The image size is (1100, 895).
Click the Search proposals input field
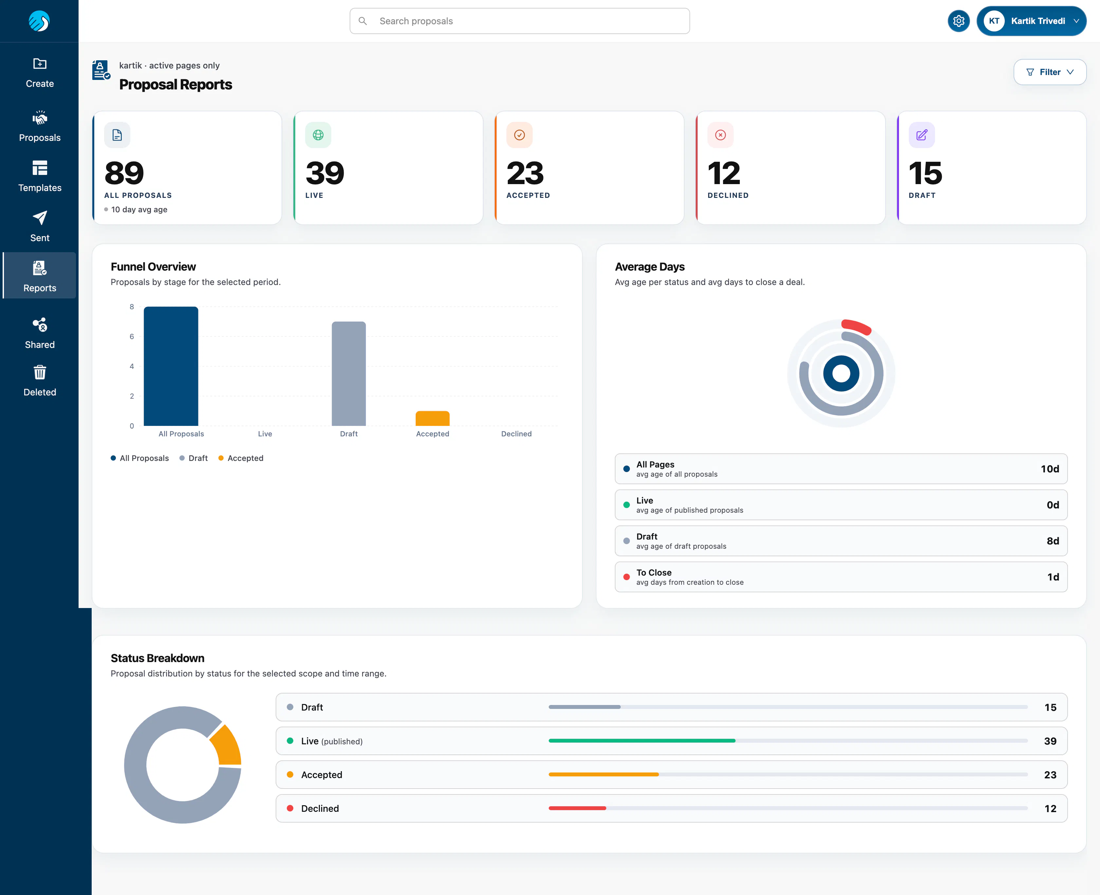click(x=519, y=21)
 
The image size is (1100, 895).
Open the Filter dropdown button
click(x=1050, y=72)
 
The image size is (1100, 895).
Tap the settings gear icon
click(x=958, y=21)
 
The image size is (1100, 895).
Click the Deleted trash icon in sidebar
click(x=40, y=372)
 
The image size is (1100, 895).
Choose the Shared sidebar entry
click(x=40, y=333)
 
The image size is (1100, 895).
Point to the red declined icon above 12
click(x=720, y=135)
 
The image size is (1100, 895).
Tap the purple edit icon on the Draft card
click(x=921, y=135)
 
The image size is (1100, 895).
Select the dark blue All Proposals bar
click(x=171, y=366)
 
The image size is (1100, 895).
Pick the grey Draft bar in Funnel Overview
click(x=349, y=374)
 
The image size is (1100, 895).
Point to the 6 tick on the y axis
click(x=132, y=337)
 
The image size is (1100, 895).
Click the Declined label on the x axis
click(x=516, y=434)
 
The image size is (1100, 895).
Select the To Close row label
click(x=654, y=573)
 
